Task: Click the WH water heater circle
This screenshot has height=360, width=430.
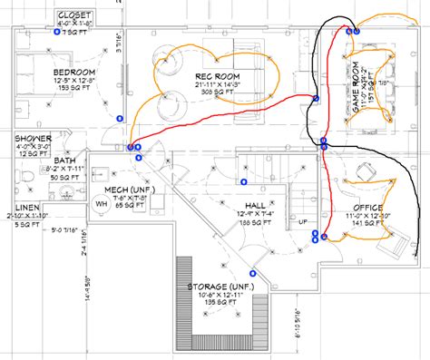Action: tap(101, 204)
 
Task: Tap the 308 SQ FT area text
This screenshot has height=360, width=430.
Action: tap(214, 92)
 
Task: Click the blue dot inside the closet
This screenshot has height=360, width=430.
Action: tap(57, 33)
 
